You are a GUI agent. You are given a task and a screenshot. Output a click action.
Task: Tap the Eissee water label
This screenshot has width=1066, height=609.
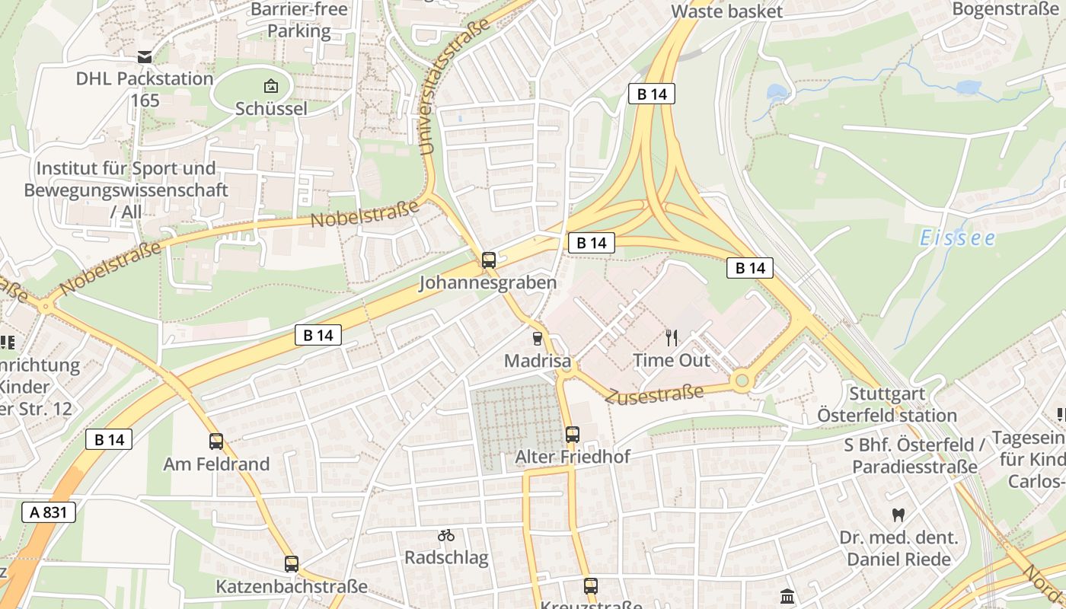click(957, 238)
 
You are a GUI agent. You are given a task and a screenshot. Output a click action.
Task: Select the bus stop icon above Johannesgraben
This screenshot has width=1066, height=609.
click(489, 260)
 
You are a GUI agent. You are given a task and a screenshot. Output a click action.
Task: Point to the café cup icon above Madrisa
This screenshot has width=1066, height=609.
click(538, 339)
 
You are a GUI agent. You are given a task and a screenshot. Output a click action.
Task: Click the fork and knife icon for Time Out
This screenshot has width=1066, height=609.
click(672, 337)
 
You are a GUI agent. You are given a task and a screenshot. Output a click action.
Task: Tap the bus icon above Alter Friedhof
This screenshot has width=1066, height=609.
click(573, 435)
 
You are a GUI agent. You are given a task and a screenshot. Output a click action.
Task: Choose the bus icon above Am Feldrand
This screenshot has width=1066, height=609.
click(216, 442)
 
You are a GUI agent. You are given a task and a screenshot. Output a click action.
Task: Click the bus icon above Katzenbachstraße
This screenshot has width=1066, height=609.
click(292, 564)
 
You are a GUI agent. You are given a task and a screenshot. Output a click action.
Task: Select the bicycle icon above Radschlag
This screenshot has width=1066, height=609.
click(446, 535)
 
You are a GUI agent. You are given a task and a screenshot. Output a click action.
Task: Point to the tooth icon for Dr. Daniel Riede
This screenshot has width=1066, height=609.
click(898, 515)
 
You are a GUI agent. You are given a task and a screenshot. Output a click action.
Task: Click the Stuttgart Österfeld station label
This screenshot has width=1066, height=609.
click(887, 405)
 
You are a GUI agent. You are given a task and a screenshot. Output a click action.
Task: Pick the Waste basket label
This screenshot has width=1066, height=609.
click(726, 11)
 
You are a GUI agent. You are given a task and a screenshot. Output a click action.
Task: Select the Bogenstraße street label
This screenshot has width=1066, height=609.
click(1005, 10)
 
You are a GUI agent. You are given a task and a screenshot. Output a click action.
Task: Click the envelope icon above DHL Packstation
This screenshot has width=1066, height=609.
click(145, 57)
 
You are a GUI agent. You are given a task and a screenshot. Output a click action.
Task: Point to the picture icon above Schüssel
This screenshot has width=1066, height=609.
click(270, 86)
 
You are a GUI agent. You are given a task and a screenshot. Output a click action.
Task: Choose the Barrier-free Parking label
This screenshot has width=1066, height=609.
click(299, 21)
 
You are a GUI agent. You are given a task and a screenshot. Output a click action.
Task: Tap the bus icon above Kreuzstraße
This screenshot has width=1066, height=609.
click(591, 586)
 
